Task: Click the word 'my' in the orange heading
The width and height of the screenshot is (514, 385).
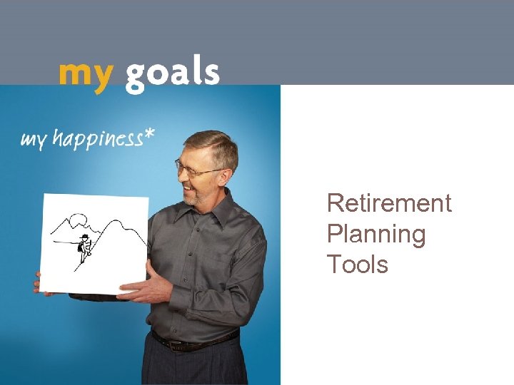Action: coord(85,75)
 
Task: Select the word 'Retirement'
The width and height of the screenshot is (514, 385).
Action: coord(389,203)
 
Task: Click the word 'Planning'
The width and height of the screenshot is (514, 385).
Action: coord(376,234)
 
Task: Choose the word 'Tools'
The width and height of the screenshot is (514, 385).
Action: coord(357,265)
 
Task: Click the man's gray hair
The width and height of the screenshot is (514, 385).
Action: coord(214,143)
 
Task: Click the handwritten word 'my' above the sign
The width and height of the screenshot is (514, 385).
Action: coord(34,139)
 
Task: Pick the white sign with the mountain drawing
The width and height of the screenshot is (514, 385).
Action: coord(94,242)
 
